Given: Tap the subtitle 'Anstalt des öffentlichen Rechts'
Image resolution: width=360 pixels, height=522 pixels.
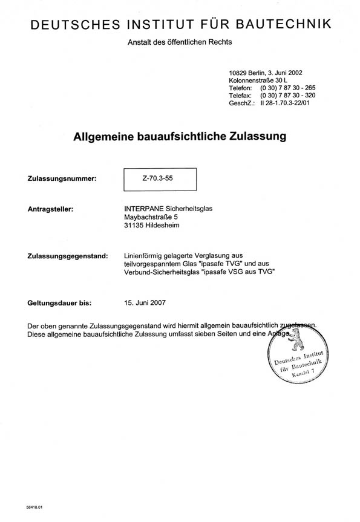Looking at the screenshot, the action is point(180,42).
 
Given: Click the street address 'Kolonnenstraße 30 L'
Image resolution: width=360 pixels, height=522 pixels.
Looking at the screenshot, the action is point(259,80).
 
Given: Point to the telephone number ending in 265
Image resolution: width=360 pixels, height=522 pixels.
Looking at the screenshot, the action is point(287,88).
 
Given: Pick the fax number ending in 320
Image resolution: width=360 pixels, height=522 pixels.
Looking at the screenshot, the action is point(287,96).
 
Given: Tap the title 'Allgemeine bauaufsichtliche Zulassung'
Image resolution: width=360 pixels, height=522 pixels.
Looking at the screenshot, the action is point(180,137).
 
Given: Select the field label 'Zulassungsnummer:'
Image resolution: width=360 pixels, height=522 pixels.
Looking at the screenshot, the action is point(62,179).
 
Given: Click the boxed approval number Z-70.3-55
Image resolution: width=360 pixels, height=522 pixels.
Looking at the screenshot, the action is point(160,179).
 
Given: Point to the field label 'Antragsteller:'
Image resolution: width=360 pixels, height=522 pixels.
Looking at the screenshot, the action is point(51,209).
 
